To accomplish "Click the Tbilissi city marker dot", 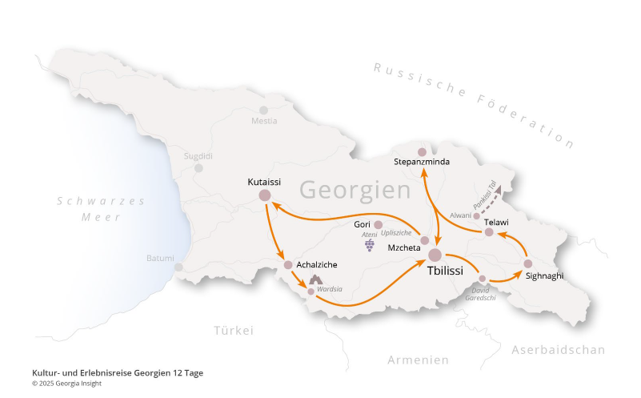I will pos(435,255).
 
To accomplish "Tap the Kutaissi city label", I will pos(263,183).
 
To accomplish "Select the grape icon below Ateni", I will pos(370,244).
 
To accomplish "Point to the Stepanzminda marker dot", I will pos(423,151).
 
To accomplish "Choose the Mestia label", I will pos(264,121).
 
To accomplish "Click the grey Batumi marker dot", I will pos(178,267).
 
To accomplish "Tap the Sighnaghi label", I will pos(545,275).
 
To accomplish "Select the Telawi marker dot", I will pos(489,232).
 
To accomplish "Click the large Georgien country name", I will pos(355,191).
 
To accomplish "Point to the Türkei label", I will pos(234,330).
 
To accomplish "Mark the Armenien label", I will pos(418,360).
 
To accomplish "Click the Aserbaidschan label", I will pos(558,350).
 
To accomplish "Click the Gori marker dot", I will pos(379,225).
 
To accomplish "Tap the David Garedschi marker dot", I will pos(483,279).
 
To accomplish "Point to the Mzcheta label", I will pos(404,247).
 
